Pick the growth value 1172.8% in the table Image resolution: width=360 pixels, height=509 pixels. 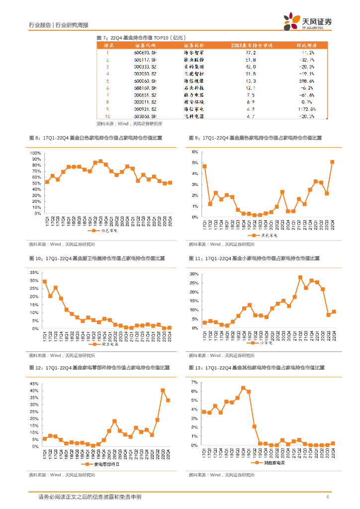[305, 109]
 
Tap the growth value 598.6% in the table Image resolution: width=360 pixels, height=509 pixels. [305, 81]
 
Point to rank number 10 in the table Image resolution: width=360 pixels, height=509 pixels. [107, 116]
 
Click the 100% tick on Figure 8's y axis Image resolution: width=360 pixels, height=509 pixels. [36, 153]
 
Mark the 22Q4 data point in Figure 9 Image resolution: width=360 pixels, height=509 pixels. [332, 162]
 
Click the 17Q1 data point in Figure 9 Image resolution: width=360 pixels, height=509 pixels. [204, 166]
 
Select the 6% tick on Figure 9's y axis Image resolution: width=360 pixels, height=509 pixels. [195, 151]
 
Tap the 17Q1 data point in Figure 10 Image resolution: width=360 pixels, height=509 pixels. [45, 281]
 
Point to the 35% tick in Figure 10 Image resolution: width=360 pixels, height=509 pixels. [35, 272]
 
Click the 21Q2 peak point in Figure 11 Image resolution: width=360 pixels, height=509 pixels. [300, 277]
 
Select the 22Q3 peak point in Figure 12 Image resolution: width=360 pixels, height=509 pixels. [163, 390]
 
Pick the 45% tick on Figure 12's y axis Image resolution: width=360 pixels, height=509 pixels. [35, 384]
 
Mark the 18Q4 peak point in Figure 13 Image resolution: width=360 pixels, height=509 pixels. [243, 388]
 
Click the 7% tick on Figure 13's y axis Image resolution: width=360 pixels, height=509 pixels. [195, 382]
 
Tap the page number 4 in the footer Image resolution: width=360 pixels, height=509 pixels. [327, 497]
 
